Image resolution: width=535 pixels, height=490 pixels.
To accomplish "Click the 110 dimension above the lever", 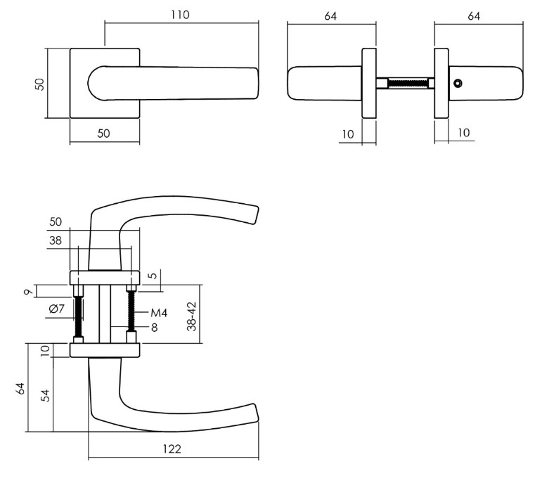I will point(181,15).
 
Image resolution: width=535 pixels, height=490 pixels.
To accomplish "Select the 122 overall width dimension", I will point(171,449).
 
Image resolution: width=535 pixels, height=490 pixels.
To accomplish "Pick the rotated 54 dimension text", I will point(44,394).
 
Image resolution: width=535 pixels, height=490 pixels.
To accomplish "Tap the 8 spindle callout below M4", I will point(153,327).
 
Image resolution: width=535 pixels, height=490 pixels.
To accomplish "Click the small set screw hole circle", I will point(458,84).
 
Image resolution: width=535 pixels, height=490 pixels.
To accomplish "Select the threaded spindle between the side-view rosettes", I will point(406,83).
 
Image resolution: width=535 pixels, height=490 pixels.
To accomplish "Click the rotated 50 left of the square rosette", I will point(40,84).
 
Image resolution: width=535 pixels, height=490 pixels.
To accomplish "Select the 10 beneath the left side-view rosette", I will point(348,133).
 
